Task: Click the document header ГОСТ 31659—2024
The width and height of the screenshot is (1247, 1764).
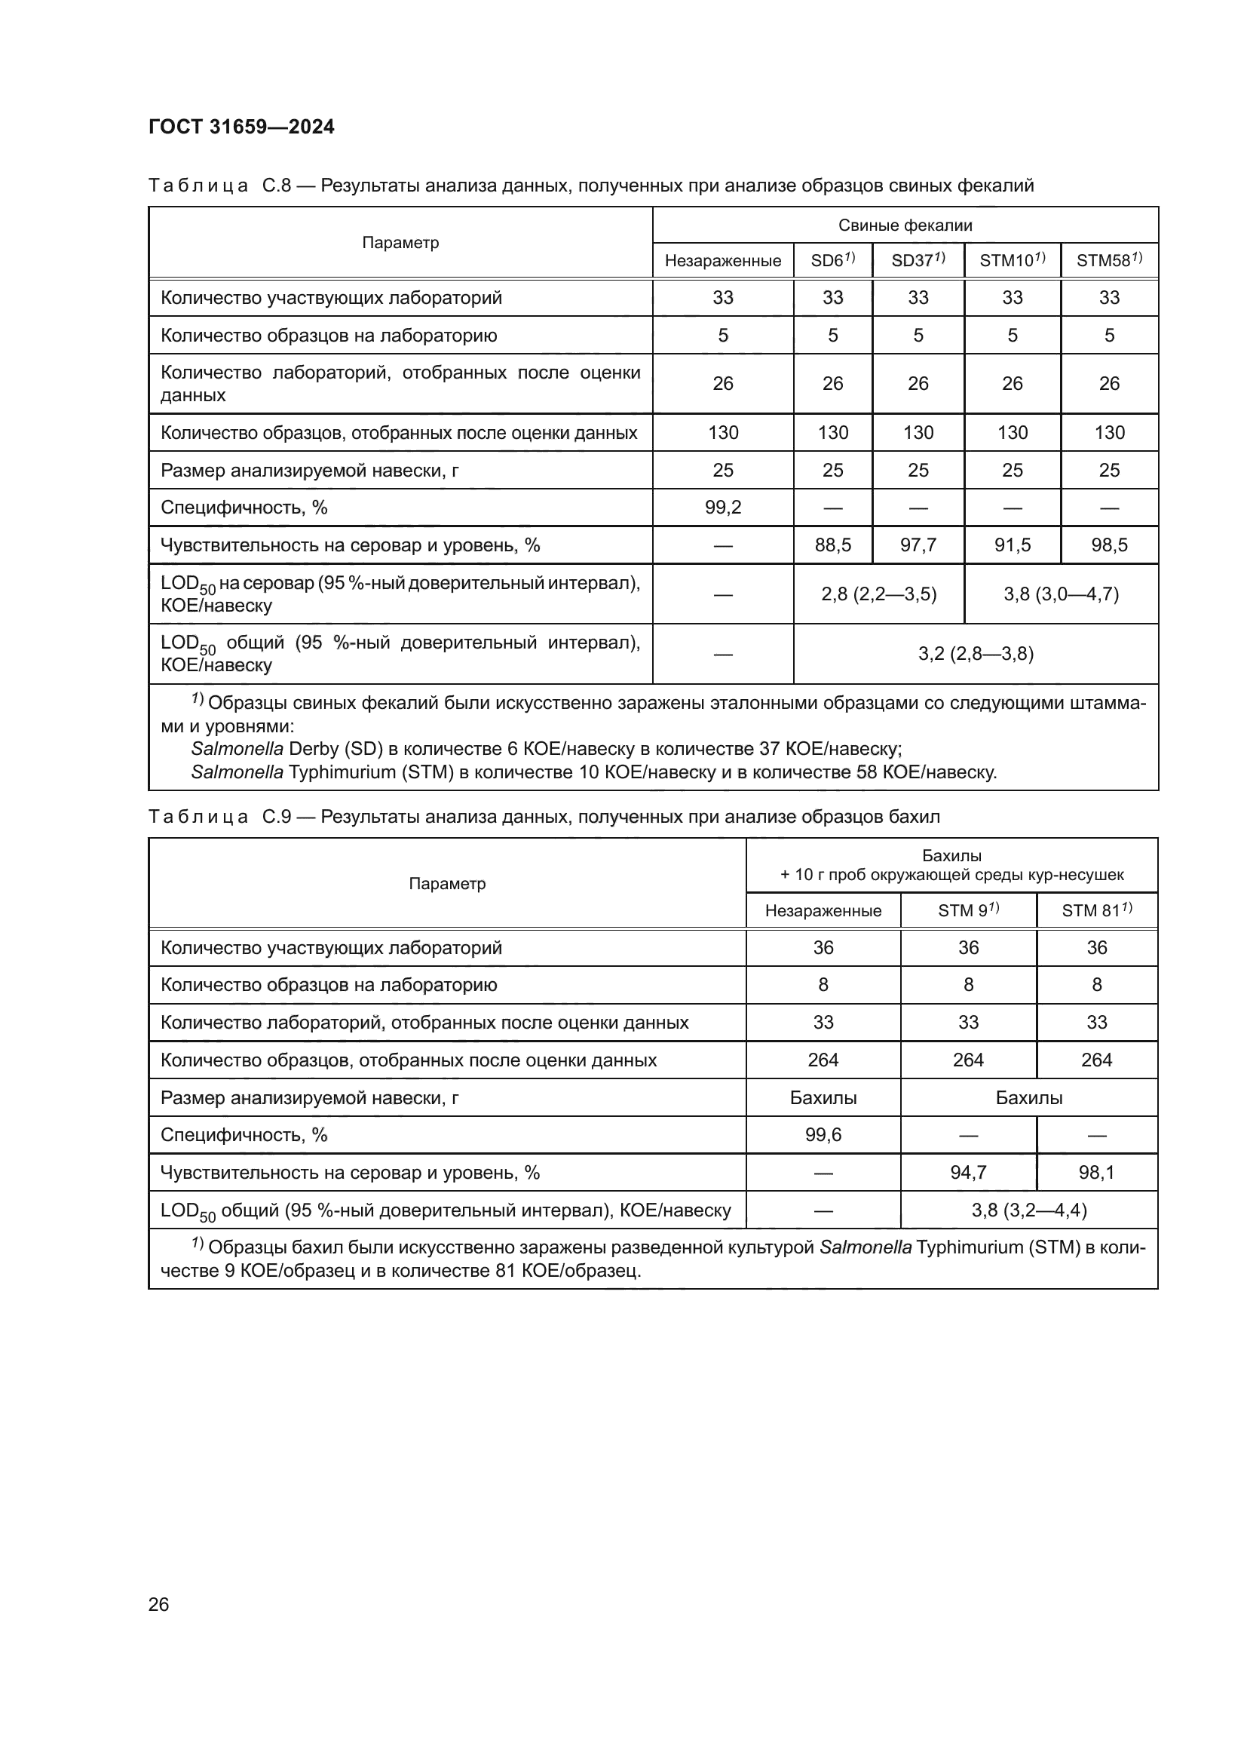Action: (x=241, y=127)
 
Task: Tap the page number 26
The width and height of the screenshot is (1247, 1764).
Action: (x=158, y=1603)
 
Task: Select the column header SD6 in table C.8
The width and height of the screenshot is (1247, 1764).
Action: (x=832, y=260)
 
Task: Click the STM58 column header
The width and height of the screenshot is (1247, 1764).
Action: (x=1108, y=260)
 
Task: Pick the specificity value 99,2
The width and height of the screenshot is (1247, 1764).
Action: (x=722, y=507)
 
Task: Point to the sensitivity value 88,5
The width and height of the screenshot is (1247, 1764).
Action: (x=832, y=545)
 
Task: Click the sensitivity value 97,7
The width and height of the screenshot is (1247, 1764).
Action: (x=918, y=545)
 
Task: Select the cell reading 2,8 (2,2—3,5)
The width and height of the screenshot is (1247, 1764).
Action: (x=878, y=594)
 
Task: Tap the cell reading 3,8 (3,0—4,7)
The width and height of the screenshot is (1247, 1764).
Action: (x=1061, y=594)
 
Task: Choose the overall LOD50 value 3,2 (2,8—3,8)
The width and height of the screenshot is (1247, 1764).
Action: (x=975, y=654)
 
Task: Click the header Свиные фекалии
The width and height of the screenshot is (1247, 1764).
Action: (x=905, y=225)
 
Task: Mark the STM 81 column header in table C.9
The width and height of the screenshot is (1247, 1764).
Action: (x=1095, y=910)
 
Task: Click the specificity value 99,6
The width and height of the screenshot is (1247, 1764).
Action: (x=823, y=1135)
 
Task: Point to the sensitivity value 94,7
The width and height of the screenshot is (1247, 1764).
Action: (x=967, y=1173)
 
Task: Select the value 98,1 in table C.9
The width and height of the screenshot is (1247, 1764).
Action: (x=1096, y=1173)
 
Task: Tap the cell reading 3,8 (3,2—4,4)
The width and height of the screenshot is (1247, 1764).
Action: (x=1028, y=1210)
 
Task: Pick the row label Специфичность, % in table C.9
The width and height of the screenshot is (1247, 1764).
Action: (x=244, y=1135)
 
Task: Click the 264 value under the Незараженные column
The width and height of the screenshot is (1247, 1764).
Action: (x=823, y=1060)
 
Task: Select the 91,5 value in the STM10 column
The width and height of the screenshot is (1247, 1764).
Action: (x=1012, y=545)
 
